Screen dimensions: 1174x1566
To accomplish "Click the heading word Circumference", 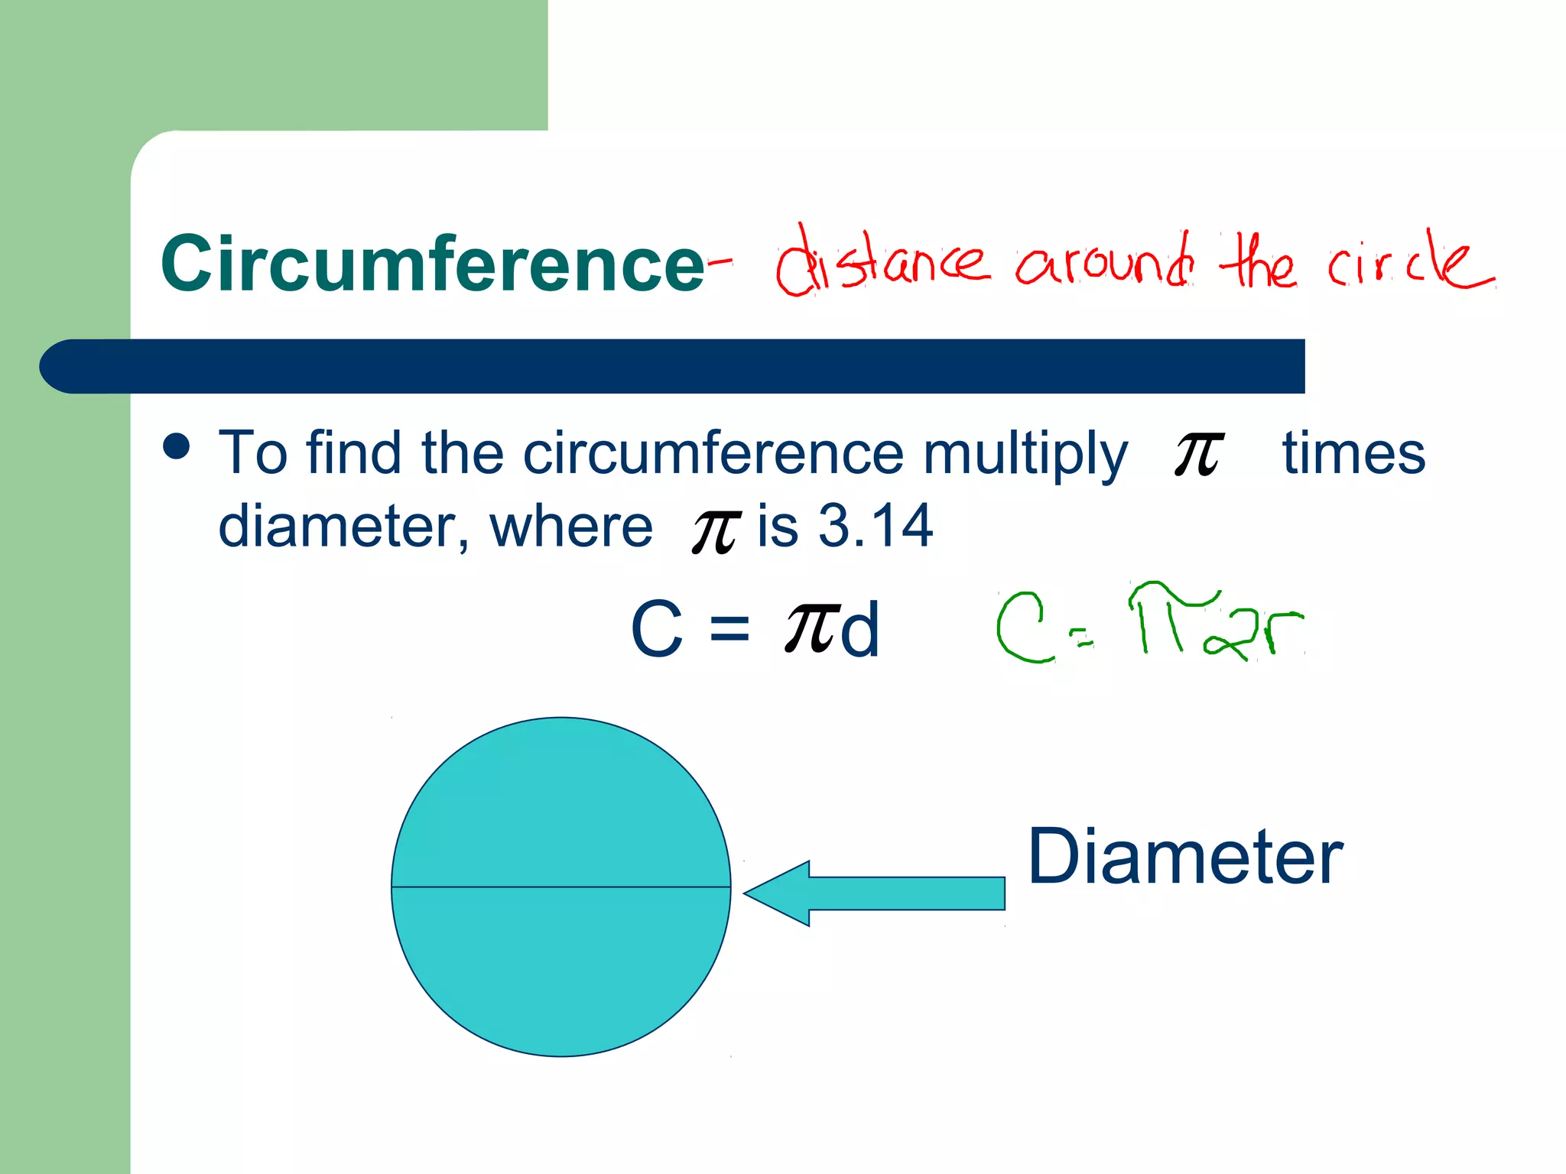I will click(432, 264).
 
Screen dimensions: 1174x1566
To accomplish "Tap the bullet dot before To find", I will click(177, 446).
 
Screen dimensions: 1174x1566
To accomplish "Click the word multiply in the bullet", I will click(1025, 454).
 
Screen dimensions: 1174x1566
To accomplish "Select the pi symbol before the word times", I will click(1198, 452).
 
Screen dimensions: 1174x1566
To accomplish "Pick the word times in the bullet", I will click(1353, 452).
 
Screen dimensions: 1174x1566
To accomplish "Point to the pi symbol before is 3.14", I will click(716, 530).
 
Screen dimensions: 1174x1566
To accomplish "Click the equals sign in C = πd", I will click(729, 628).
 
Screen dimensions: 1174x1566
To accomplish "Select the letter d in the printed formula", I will click(859, 628).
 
